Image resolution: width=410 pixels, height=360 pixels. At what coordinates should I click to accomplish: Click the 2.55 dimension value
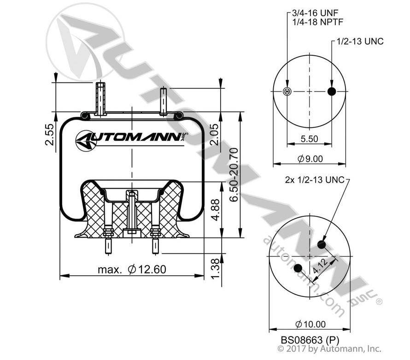(49, 134)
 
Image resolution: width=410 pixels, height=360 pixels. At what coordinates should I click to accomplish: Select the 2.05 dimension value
(214, 134)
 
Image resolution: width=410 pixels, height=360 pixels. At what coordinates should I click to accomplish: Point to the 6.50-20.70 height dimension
(234, 174)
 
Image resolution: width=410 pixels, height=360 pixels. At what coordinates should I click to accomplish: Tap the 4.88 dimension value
(216, 210)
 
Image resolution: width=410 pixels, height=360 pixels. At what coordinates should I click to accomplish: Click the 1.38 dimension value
(216, 268)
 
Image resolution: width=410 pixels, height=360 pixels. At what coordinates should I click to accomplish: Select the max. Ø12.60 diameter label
(132, 269)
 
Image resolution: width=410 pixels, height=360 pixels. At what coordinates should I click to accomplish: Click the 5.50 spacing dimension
(309, 139)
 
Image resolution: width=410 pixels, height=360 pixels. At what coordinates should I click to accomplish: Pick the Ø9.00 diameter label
(310, 158)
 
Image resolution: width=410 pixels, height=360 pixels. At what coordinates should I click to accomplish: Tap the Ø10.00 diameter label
(310, 324)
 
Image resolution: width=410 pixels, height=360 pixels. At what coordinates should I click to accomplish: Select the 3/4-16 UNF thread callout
(315, 12)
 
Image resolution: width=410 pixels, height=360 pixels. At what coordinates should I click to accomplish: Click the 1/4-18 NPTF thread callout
(317, 22)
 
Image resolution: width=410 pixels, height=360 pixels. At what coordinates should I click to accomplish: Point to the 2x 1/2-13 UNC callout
(315, 180)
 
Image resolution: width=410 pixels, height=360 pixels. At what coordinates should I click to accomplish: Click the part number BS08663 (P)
(310, 340)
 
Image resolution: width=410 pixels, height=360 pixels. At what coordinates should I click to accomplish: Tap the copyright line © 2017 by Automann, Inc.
(329, 348)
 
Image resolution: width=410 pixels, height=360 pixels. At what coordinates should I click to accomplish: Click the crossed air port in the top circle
(287, 91)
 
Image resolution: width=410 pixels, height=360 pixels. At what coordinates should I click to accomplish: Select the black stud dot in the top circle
(332, 91)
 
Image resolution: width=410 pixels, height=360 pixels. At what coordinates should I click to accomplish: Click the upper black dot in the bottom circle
(322, 245)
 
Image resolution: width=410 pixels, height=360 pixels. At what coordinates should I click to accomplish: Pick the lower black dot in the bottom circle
(298, 268)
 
